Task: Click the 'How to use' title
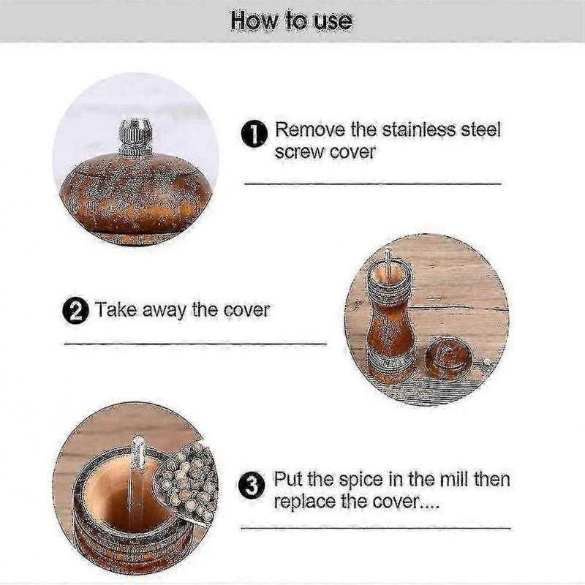click(x=291, y=20)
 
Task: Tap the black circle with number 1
click(x=254, y=134)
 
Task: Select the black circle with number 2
click(x=76, y=311)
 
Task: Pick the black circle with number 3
click(x=252, y=486)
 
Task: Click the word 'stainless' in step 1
click(x=418, y=130)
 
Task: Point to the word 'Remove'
click(x=310, y=130)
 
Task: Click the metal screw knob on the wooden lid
click(x=135, y=137)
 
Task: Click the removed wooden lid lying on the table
click(x=448, y=358)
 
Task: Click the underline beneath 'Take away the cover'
click(x=195, y=344)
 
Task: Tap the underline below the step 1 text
click(x=373, y=184)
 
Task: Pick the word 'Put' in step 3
click(x=287, y=479)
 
